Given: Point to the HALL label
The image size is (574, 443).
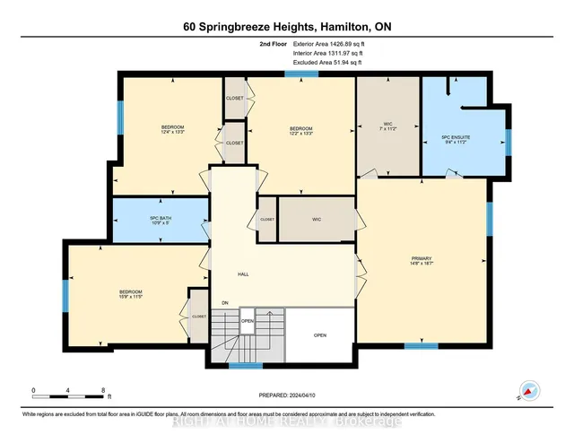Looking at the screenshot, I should pos(242,274).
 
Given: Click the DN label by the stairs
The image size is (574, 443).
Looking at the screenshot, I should pos(224,304).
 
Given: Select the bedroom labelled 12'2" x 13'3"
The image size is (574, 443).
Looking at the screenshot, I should pos(300,129).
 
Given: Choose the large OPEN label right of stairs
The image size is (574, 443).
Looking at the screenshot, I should pos(320,336).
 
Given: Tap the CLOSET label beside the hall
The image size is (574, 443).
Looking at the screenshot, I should pos(266,219).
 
